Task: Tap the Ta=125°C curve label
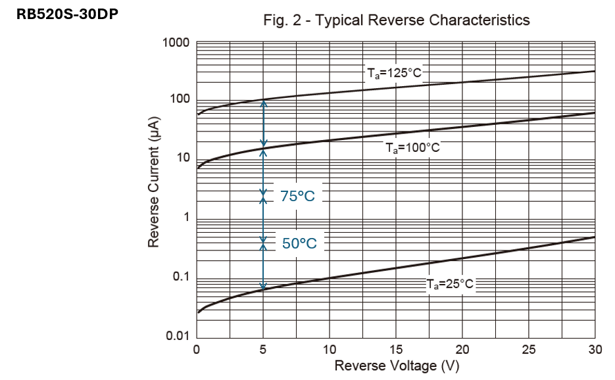[x=393, y=73]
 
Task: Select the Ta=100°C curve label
[x=412, y=147]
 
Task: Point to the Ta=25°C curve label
[x=449, y=284]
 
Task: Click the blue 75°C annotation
[x=298, y=196]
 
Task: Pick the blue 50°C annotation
[x=299, y=243]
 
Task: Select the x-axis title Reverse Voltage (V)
[x=396, y=366]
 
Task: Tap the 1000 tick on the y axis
[x=176, y=43]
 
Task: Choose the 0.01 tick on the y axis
[x=177, y=336]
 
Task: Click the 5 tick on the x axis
[x=263, y=349]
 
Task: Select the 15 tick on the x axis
[x=396, y=349]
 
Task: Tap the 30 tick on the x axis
[x=595, y=349]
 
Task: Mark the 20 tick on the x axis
[x=462, y=349]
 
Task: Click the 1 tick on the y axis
[x=186, y=218]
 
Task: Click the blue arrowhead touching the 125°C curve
[x=263, y=104]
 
